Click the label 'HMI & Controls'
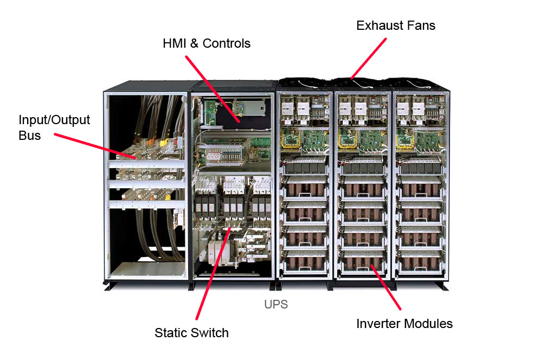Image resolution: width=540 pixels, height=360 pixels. tap(207, 43)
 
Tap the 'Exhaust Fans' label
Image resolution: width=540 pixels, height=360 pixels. tap(396, 25)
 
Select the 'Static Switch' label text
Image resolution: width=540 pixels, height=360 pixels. tap(191, 332)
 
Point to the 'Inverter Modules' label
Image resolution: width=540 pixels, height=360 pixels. tap(404, 324)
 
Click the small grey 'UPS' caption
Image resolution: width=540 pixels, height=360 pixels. tap(276, 305)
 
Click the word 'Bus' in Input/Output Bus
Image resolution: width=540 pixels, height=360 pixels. tap(30, 135)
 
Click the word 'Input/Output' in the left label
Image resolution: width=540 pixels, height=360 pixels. tap(54, 120)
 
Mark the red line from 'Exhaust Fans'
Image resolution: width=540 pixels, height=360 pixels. tap(368, 59)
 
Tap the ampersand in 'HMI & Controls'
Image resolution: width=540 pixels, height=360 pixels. tap(193, 43)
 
